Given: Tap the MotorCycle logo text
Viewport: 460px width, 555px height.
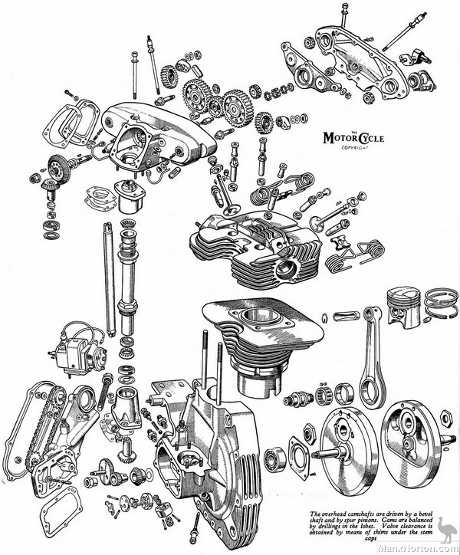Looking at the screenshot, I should point(350,137).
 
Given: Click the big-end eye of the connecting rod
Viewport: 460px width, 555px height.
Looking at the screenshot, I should point(370,390).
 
